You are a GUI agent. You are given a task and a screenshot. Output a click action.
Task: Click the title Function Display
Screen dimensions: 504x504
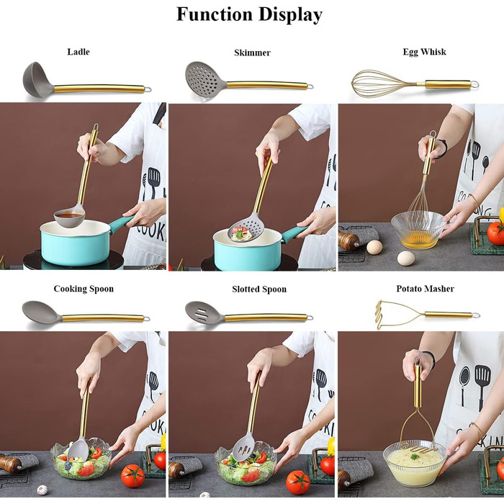click(x=249, y=15)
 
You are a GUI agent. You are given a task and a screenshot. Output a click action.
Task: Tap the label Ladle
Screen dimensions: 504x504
click(x=78, y=52)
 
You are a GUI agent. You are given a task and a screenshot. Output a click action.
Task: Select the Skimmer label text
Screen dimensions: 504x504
click(x=252, y=53)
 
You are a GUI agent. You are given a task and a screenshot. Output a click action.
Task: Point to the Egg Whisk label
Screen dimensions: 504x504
click(x=424, y=53)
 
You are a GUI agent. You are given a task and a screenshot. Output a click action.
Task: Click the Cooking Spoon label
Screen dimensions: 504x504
click(x=84, y=289)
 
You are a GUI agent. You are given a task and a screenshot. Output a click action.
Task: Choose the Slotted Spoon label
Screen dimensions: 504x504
click(x=259, y=289)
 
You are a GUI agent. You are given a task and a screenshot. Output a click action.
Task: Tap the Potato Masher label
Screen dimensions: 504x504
click(x=425, y=289)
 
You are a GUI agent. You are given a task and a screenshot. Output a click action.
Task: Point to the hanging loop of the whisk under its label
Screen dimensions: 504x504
click(x=474, y=85)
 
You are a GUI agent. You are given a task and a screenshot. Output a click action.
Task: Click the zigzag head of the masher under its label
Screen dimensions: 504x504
click(x=383, y=315)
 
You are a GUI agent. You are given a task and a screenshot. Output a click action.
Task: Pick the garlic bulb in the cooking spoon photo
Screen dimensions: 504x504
click(x=42, y=490)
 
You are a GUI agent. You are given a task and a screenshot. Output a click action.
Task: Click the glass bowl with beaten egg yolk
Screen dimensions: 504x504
click(x=418, y=230)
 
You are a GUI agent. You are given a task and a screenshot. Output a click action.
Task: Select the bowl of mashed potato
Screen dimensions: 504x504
click(x=414, y=463)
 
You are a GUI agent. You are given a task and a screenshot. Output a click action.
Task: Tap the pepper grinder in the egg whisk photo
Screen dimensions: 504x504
click(x=348, y=240)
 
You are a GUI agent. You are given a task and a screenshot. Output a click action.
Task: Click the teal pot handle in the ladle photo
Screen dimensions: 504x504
click(x=121, y=222)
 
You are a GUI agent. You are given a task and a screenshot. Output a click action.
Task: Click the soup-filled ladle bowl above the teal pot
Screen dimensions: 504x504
click(x=69, y=217)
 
